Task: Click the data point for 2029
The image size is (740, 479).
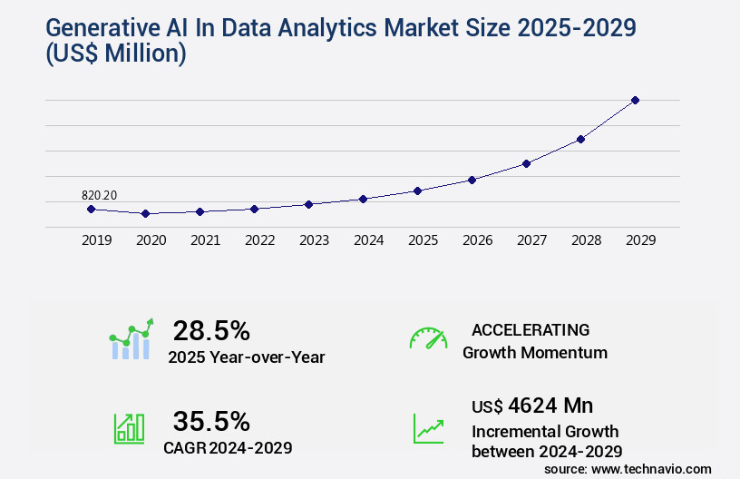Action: (x=635, y=100)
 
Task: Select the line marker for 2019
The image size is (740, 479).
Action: (x=91, y=209)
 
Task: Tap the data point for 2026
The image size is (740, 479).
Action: (x=472, y=180)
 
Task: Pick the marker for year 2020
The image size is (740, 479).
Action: (x=145, y=213)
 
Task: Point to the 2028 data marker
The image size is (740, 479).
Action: (x=580, y=139)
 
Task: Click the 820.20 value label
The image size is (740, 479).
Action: (x=100, y=195)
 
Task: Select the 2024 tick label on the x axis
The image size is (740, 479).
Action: (x=368, y=240)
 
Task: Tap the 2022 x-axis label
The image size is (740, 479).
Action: (x=259, y=240)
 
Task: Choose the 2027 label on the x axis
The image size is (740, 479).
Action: (x=531, y=240)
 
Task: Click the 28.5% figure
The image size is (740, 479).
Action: (x=211, y=330)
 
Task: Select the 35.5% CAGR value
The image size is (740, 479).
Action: (x=211, y=421)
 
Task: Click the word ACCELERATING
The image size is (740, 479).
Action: (x=531, y=330)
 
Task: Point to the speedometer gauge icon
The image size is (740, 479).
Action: (x=428, y=337)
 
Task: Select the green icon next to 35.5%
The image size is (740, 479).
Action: (x=129, y=428)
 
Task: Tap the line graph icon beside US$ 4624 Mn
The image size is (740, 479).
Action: (x=428, y=428)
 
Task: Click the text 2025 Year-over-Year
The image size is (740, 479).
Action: (x=246, y=357)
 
